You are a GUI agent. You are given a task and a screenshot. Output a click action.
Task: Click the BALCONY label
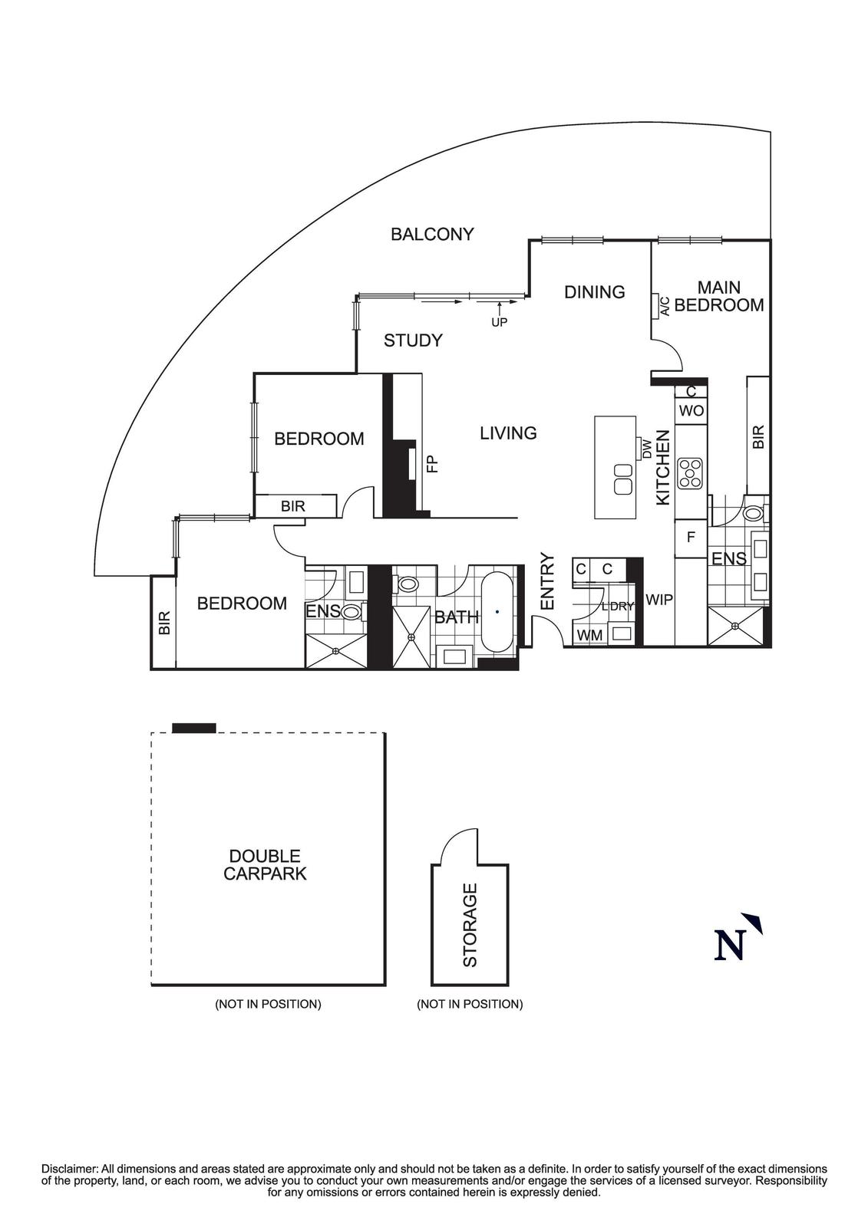click(x=432, y=234)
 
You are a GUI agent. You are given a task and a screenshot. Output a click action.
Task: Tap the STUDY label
click(x=413, y=340)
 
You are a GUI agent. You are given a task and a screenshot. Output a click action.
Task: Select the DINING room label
click(x=594, y=292)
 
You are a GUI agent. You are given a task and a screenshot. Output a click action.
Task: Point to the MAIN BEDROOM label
click(x=719, y=297)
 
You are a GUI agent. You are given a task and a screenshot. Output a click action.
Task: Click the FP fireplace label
click(x=431, y=464)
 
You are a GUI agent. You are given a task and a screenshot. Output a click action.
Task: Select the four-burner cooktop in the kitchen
click(x=691, y=472)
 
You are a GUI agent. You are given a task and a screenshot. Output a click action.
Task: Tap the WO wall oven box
click(x=691, y=411)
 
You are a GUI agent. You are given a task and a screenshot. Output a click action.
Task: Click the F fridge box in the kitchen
click(x=690, y=538)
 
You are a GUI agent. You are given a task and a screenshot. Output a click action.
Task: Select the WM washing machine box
click(x=589, y=635)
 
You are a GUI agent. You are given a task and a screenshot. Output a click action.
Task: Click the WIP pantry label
click(x=658, y=600)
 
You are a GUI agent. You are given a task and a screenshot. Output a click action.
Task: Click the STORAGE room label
click(x=470, y=925)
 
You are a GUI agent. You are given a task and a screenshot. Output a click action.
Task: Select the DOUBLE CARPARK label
click(x=265, y=864)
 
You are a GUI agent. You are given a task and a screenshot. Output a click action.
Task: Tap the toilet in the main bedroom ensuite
click(x=754, y=512)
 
